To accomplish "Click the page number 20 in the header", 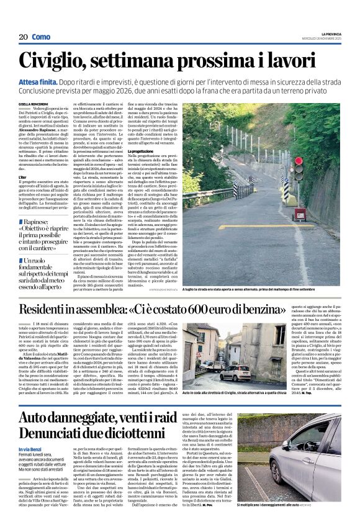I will pos(23,37).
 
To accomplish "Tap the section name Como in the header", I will pos(41,37).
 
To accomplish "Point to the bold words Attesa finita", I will pos(38,82).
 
